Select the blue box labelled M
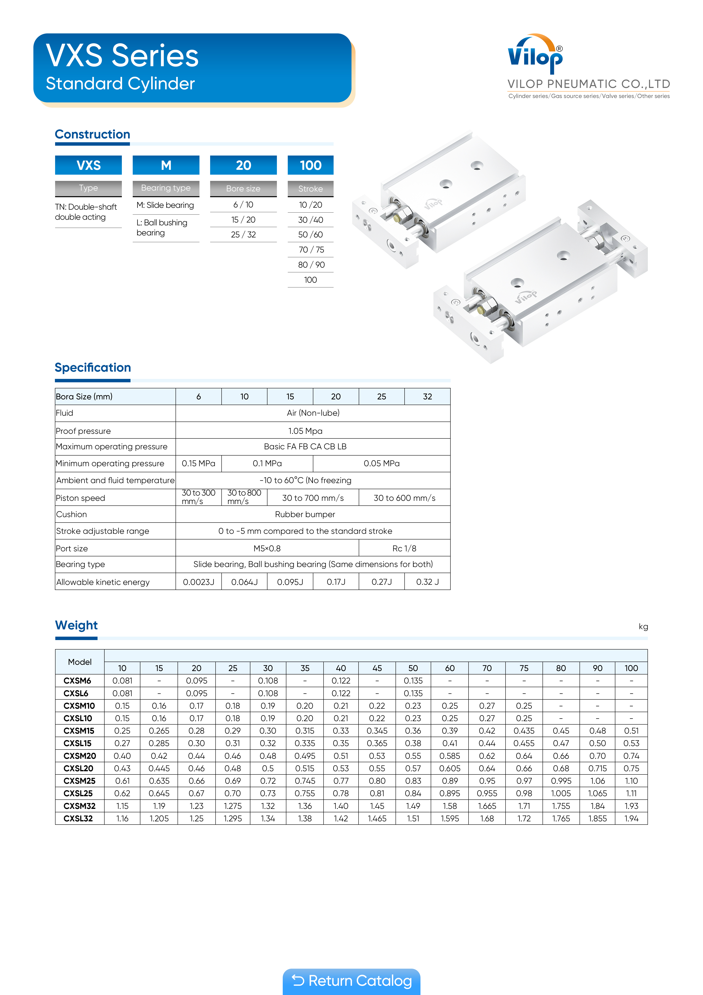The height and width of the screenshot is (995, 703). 166,165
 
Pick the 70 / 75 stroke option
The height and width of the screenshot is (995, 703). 310,250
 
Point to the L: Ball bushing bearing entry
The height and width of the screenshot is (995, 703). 162,228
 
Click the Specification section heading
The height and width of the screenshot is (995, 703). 93,367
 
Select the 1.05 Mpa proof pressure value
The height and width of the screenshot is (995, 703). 305,431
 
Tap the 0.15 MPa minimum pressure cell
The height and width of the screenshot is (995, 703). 198,463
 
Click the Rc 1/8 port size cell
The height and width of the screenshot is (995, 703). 404,548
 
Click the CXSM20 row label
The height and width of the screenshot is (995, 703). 80,756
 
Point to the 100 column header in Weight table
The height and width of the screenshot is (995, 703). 631,668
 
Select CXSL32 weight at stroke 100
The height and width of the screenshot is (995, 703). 631,819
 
